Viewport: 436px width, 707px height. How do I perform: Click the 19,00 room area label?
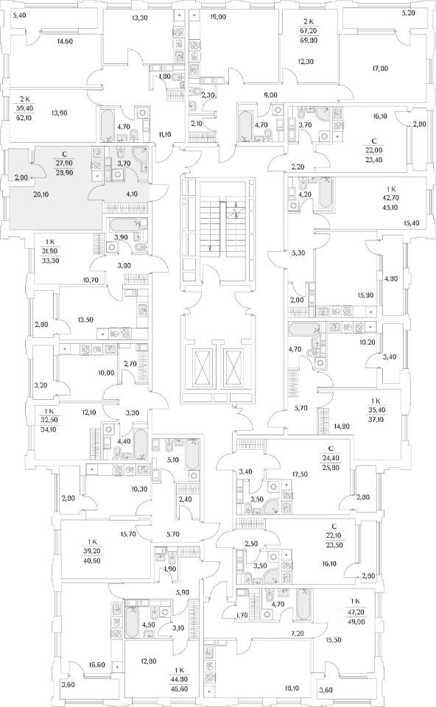click(x=218, y=17)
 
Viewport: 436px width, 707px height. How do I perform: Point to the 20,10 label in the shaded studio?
click(x=41, y=194)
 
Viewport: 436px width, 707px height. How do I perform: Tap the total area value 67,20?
click(x=308, y=31)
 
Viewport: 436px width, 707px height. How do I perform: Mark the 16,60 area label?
click(x=97, y=664)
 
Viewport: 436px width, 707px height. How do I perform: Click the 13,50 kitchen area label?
click(x=85, y=320)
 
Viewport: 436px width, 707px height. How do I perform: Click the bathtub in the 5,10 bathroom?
click(x=192, y=454)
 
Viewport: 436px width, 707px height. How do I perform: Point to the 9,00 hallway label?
click(x=270, y=95)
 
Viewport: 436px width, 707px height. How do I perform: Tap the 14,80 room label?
click(x=342, y=425)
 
